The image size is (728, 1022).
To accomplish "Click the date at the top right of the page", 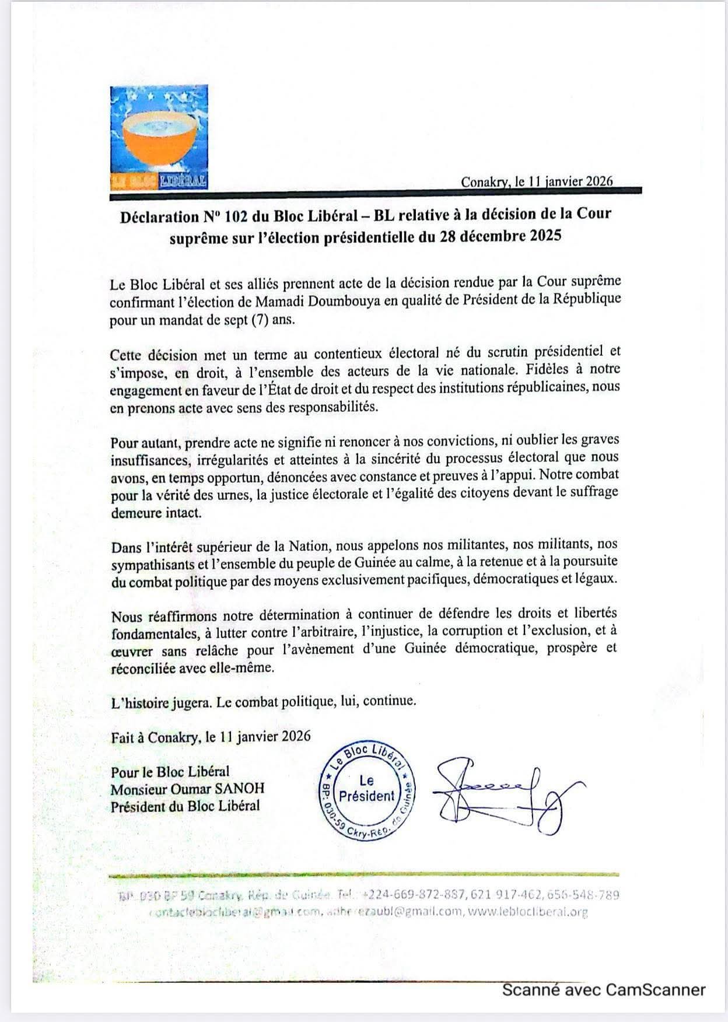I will click(536, 181).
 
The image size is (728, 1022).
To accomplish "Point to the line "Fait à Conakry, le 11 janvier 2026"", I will click(211, 737).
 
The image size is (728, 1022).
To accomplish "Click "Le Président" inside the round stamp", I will click(366, 789).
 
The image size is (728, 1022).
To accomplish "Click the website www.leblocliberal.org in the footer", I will click(528, 912).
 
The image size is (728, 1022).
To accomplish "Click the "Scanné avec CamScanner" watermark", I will click(603, 990).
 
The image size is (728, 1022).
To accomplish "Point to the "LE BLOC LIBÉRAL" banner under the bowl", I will click(159, 181).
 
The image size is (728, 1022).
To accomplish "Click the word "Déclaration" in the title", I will click(159, 218).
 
